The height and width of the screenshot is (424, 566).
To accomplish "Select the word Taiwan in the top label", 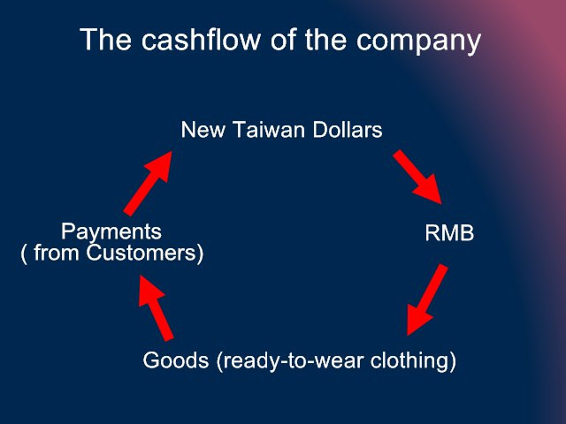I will point(265,130).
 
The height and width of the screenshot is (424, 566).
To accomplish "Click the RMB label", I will point(449,234).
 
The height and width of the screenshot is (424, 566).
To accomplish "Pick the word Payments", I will point(111,232).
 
